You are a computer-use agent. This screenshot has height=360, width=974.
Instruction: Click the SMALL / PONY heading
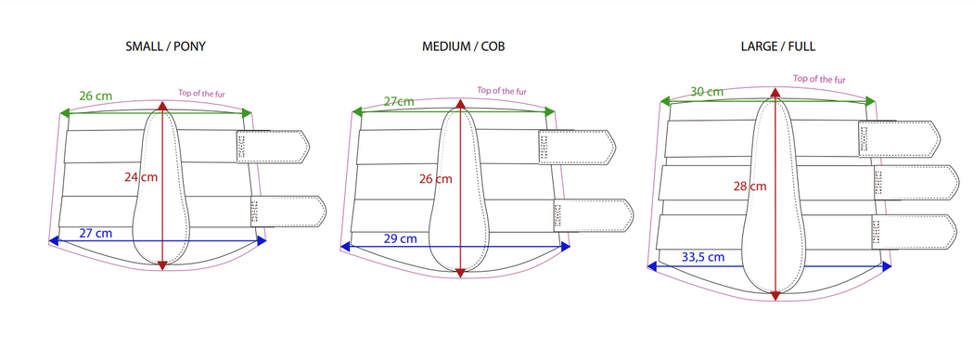165,46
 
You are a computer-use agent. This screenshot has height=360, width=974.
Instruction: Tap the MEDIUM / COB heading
464,46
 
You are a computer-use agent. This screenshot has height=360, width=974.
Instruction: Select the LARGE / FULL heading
777,46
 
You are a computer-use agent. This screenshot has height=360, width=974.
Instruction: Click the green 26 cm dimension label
96,96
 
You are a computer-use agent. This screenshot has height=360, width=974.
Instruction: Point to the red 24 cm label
141,176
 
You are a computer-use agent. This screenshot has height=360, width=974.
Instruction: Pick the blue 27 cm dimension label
96,233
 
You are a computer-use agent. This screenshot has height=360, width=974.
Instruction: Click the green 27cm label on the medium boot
399,101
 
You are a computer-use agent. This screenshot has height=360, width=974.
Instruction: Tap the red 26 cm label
435,179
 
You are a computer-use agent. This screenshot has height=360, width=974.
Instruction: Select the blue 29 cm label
400,238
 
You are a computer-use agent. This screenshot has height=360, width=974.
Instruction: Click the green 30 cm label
707,92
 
